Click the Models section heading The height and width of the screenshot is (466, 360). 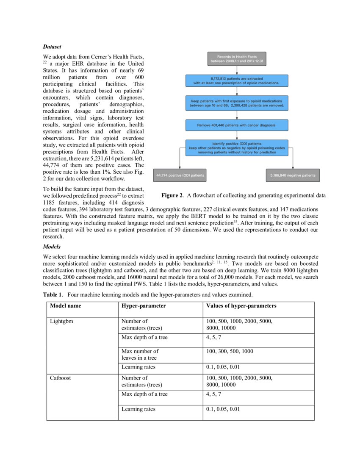pyautogui.click(x=52, y=247)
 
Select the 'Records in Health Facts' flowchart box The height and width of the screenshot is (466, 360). pyautogui.click(x=237, y=59)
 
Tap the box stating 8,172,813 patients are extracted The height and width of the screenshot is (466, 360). pyautogui.click(x=237, y=81)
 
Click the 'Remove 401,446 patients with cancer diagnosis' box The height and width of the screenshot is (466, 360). pyautogui.click(x=237, y=125)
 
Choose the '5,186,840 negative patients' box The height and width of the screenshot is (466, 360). pyautogui.click(x=293, y=175)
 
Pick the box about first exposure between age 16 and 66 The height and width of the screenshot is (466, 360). pyautogui.click(x=237, y=103)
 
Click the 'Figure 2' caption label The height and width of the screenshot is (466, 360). pyautogui.click(x=172, y=195)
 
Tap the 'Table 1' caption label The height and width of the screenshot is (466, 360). pyautogui.click(x=53, y=294)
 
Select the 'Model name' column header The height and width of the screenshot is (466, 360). pyautogui.click(x=65, y=305)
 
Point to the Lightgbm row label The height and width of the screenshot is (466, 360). pyautogui.click(x=62, y=322)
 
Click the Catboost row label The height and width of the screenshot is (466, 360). pyautogui.click(x=61, y=378)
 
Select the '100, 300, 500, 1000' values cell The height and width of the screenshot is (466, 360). pyautogui.click(x=230, y=351)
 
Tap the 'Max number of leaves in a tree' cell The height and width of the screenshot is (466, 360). pyautogui.click(x=140, y=354)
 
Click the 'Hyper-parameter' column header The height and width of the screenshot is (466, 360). pyautogui.click(x=144, y=305)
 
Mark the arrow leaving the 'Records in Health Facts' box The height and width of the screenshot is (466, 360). pyautogui.click(x=237, y=70)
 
